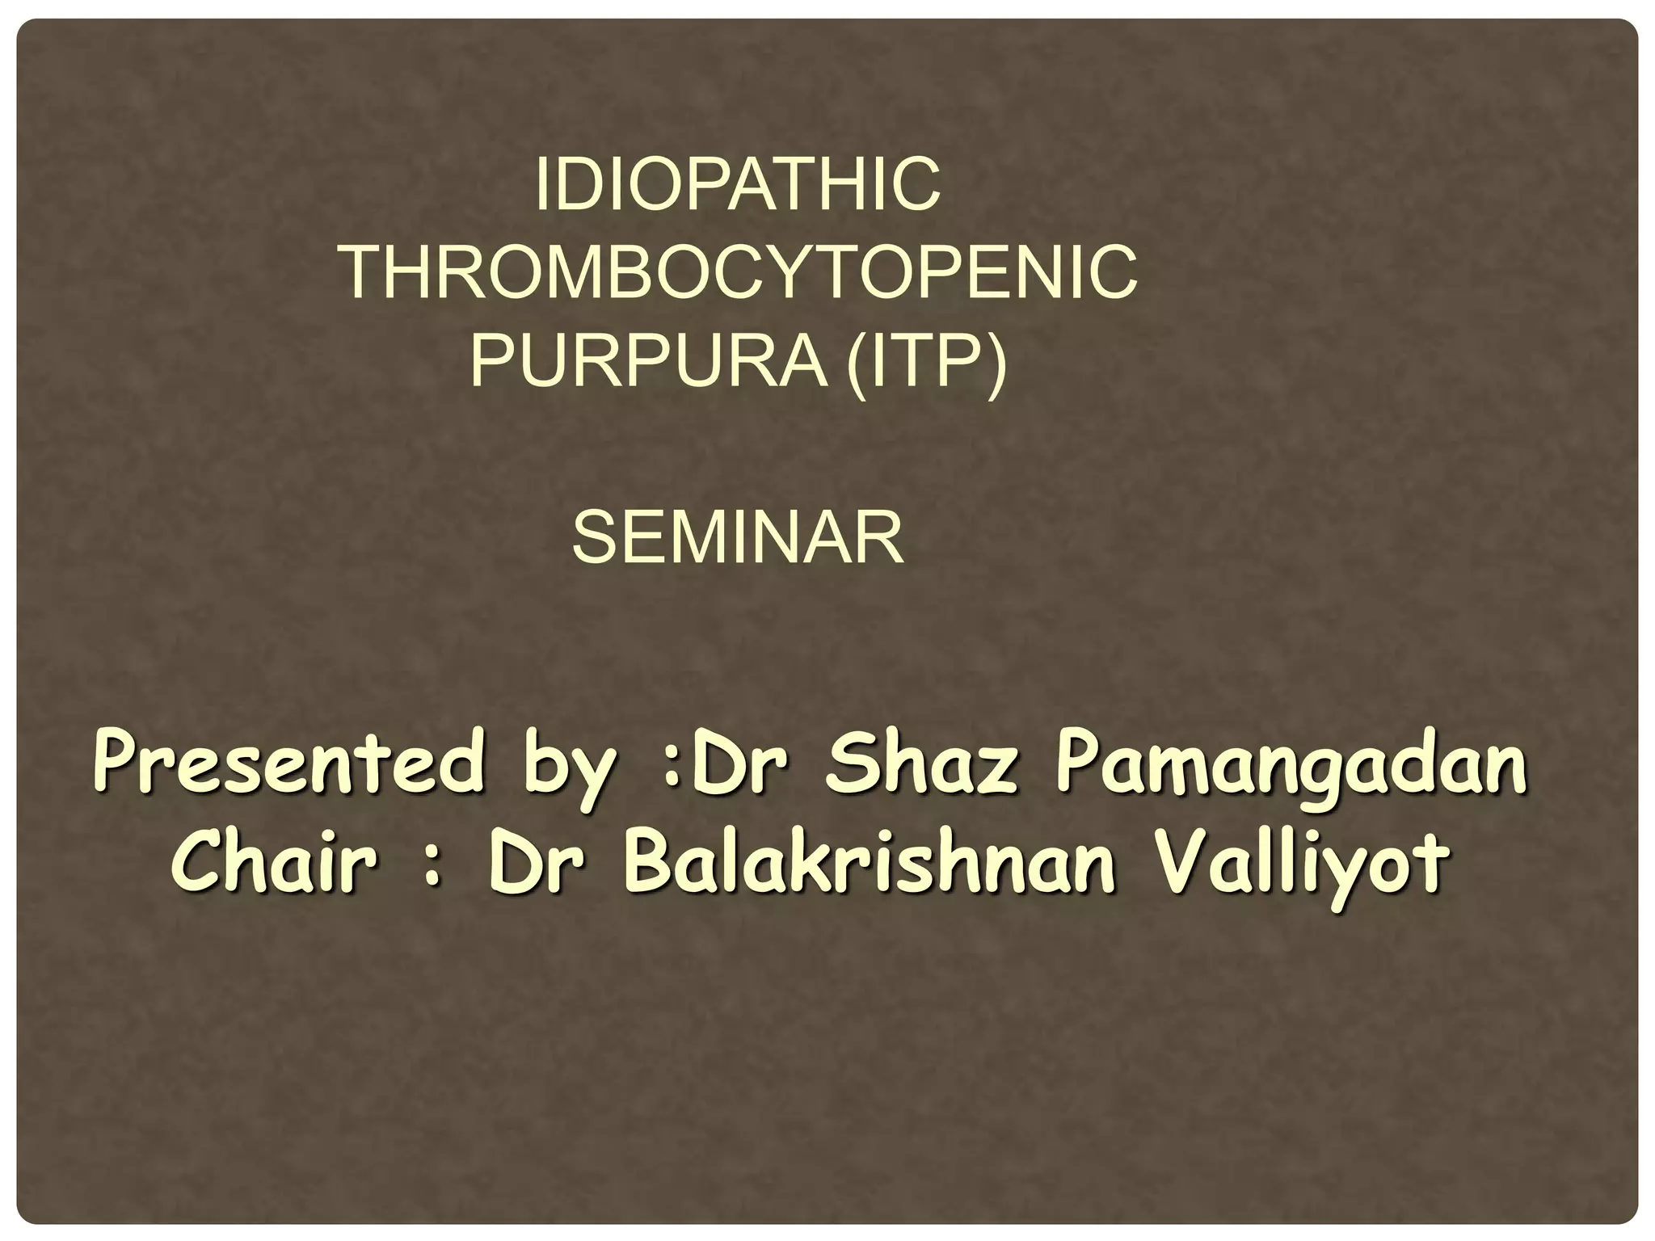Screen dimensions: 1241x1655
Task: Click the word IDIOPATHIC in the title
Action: [x=738, y=184]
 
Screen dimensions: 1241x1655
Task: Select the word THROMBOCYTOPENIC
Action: [x=738, y=273]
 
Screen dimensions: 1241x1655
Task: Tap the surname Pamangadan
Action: [x=1291, y=768]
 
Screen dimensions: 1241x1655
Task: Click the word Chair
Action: [x=275, y=861]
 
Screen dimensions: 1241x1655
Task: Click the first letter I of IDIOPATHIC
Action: [x=541, y=184]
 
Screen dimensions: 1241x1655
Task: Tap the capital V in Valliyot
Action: [x=1186, y=861]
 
